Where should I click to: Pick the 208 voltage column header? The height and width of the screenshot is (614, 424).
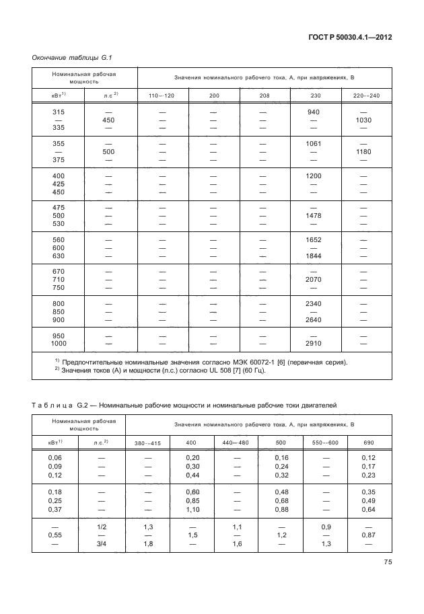(x=264, y=95)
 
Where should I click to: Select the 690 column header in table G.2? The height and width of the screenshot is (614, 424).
(x=368, y=443)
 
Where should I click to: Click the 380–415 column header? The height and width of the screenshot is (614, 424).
(x=148, y=443)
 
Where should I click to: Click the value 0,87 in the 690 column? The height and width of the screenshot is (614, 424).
(x=368, y=534)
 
